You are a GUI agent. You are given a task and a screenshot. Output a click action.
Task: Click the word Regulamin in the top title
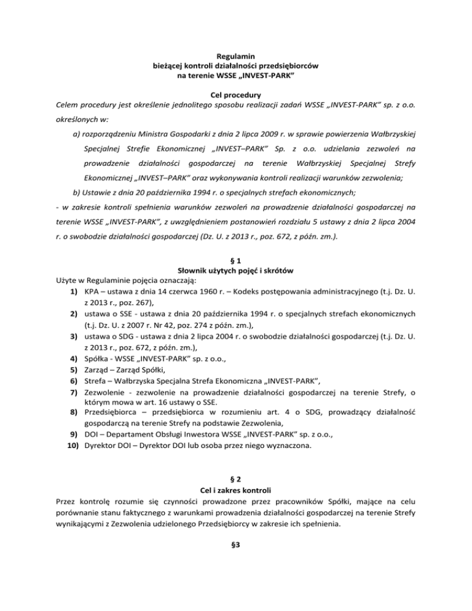(x=236, y=56)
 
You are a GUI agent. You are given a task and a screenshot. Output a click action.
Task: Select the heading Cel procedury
(x=236, y=95)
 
